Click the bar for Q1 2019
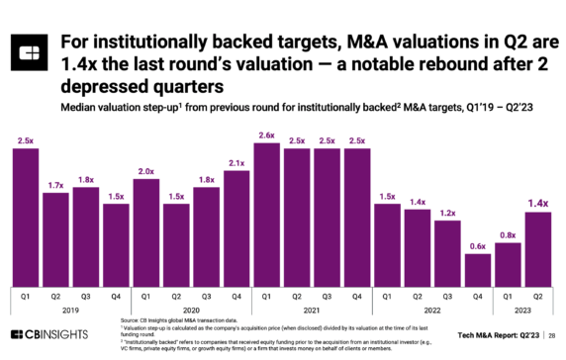(x=26, y=217)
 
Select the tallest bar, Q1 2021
(x=266, y=214)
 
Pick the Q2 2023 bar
(x=536, y=248)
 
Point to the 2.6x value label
(x=266, y=135)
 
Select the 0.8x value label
(x=507, y=234)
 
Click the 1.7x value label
(x=56, y=184)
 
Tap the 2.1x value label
(x=236, y=163)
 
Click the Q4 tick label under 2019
(x=116, y=294)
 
